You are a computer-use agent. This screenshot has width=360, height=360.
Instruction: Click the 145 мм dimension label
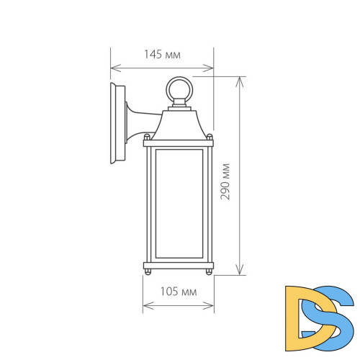[161, 55]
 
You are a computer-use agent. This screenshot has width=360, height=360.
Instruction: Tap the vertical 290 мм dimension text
[225, 181]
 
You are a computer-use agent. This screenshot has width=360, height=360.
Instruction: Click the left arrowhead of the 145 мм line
[112, 68]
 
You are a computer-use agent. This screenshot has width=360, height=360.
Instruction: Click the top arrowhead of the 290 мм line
[238, 76]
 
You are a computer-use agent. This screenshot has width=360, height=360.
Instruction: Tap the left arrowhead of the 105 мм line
[145, 305]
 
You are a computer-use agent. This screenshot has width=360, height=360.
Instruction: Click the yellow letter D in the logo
[301, 314]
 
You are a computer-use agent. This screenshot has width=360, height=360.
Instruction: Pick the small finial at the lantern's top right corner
[210, 135]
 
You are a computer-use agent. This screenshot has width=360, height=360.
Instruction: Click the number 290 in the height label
[225, 189]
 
